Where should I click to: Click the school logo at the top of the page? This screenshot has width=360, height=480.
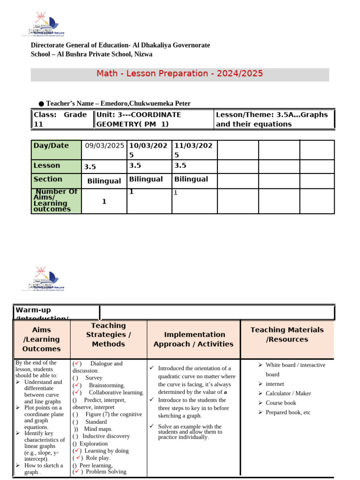(x=46, y=25)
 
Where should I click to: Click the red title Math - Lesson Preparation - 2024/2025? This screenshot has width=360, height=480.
(x=180, y=74)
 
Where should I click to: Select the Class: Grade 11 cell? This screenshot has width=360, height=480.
(x=61, y=119)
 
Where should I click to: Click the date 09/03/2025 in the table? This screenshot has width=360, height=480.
(x=105, y=146)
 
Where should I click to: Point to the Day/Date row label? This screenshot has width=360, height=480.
(x=52, y=146)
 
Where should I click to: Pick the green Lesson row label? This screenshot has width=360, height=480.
(x=47, y=165)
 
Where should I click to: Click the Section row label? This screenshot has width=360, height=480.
(x=48, y=179)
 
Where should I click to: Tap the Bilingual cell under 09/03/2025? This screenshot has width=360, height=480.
(x=104, y=181)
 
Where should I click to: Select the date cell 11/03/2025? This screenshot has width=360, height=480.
(x=193, y=150)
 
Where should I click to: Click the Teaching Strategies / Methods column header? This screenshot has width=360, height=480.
(x=108, y=335)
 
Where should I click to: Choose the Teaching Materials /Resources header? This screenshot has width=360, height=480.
(x=287, y=334)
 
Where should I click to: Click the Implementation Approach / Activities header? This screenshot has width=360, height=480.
(x=193, y=339)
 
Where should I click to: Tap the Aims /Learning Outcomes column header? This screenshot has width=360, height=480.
(x=42, y=339)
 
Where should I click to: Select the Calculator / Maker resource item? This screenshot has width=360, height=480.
(x=288, y=393)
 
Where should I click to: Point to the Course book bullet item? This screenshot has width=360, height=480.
(x=281, y=403)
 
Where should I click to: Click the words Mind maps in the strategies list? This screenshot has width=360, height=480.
(x=98, y=429)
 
